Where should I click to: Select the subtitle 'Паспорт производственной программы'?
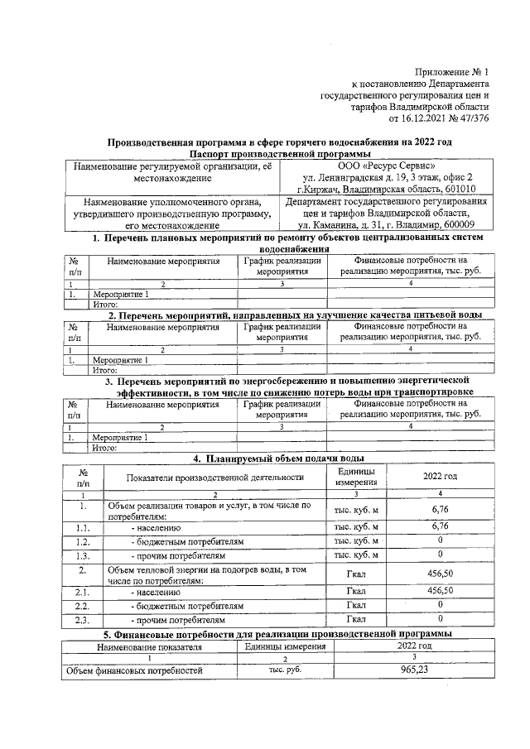pos(279,154)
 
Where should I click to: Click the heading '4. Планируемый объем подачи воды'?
pos(278,459)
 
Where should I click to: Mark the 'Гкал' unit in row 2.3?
pos(356,618)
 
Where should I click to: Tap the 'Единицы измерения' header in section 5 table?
pos(285,646)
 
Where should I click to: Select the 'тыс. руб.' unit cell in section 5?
pos(284,670)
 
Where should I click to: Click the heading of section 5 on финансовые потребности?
pos(277,633)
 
